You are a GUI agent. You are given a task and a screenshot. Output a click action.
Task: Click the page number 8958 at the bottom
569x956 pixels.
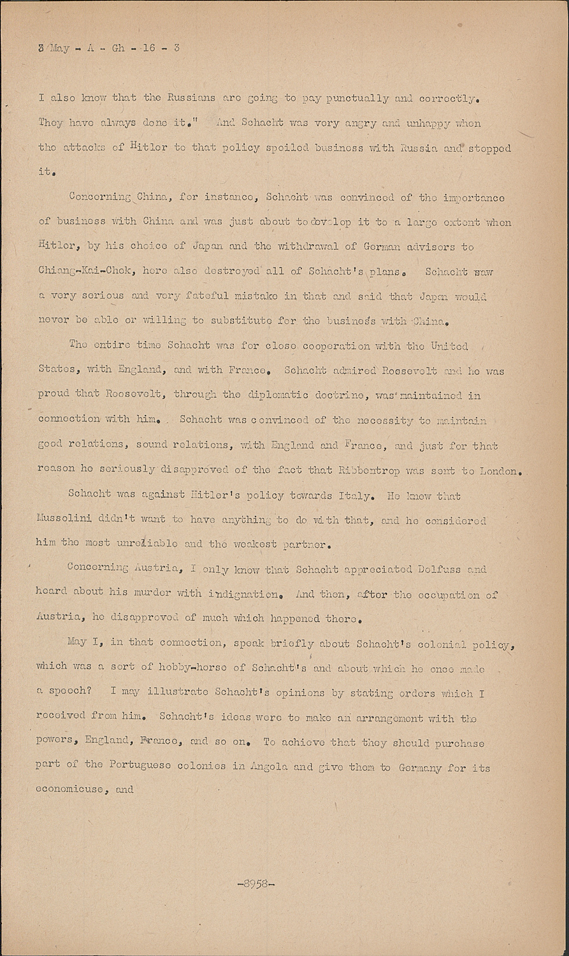pos(256,884)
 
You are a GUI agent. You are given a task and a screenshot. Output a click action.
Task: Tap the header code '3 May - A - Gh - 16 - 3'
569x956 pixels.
pos(109,48)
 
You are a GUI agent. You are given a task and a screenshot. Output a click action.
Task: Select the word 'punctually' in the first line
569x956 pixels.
pos(357,98)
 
